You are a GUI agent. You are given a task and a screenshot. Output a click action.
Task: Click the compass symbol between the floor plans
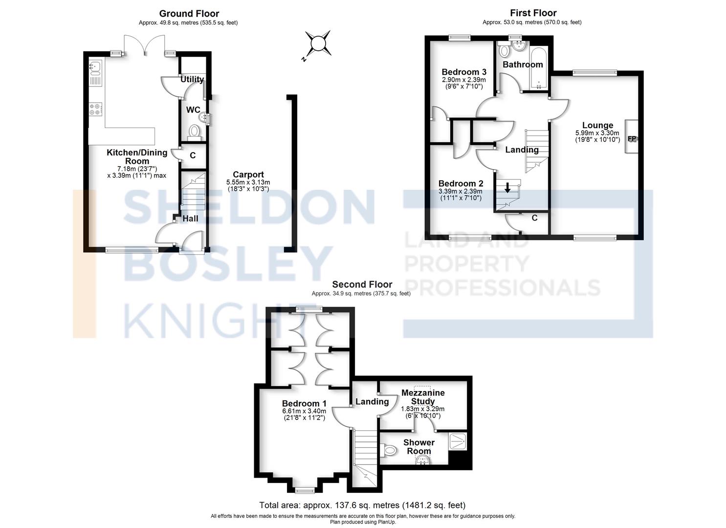318,44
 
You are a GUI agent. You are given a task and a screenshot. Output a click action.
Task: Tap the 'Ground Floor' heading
189,14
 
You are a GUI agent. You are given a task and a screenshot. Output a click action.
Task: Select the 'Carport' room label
248,175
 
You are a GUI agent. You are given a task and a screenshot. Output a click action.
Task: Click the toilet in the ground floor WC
194,132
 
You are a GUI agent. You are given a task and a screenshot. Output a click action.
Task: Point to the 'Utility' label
192,79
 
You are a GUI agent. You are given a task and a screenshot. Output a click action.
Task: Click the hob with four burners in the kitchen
95,110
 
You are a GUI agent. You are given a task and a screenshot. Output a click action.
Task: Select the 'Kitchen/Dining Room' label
137,156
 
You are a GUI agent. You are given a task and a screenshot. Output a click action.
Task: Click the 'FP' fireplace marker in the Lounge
632,139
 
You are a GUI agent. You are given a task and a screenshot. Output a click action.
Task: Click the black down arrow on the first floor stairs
508,188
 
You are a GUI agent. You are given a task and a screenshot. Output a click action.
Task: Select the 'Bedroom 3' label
463,72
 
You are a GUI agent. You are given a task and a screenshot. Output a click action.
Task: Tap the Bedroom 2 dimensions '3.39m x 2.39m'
461,191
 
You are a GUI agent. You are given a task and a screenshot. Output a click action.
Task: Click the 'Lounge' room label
597,125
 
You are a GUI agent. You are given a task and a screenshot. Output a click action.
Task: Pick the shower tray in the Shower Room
458,441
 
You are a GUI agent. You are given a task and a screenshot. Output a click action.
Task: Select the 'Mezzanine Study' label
423,396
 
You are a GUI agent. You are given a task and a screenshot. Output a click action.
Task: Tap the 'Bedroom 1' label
304,403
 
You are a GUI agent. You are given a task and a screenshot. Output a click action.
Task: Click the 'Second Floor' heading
362,284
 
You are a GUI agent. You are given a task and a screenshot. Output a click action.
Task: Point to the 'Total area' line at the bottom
362,505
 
